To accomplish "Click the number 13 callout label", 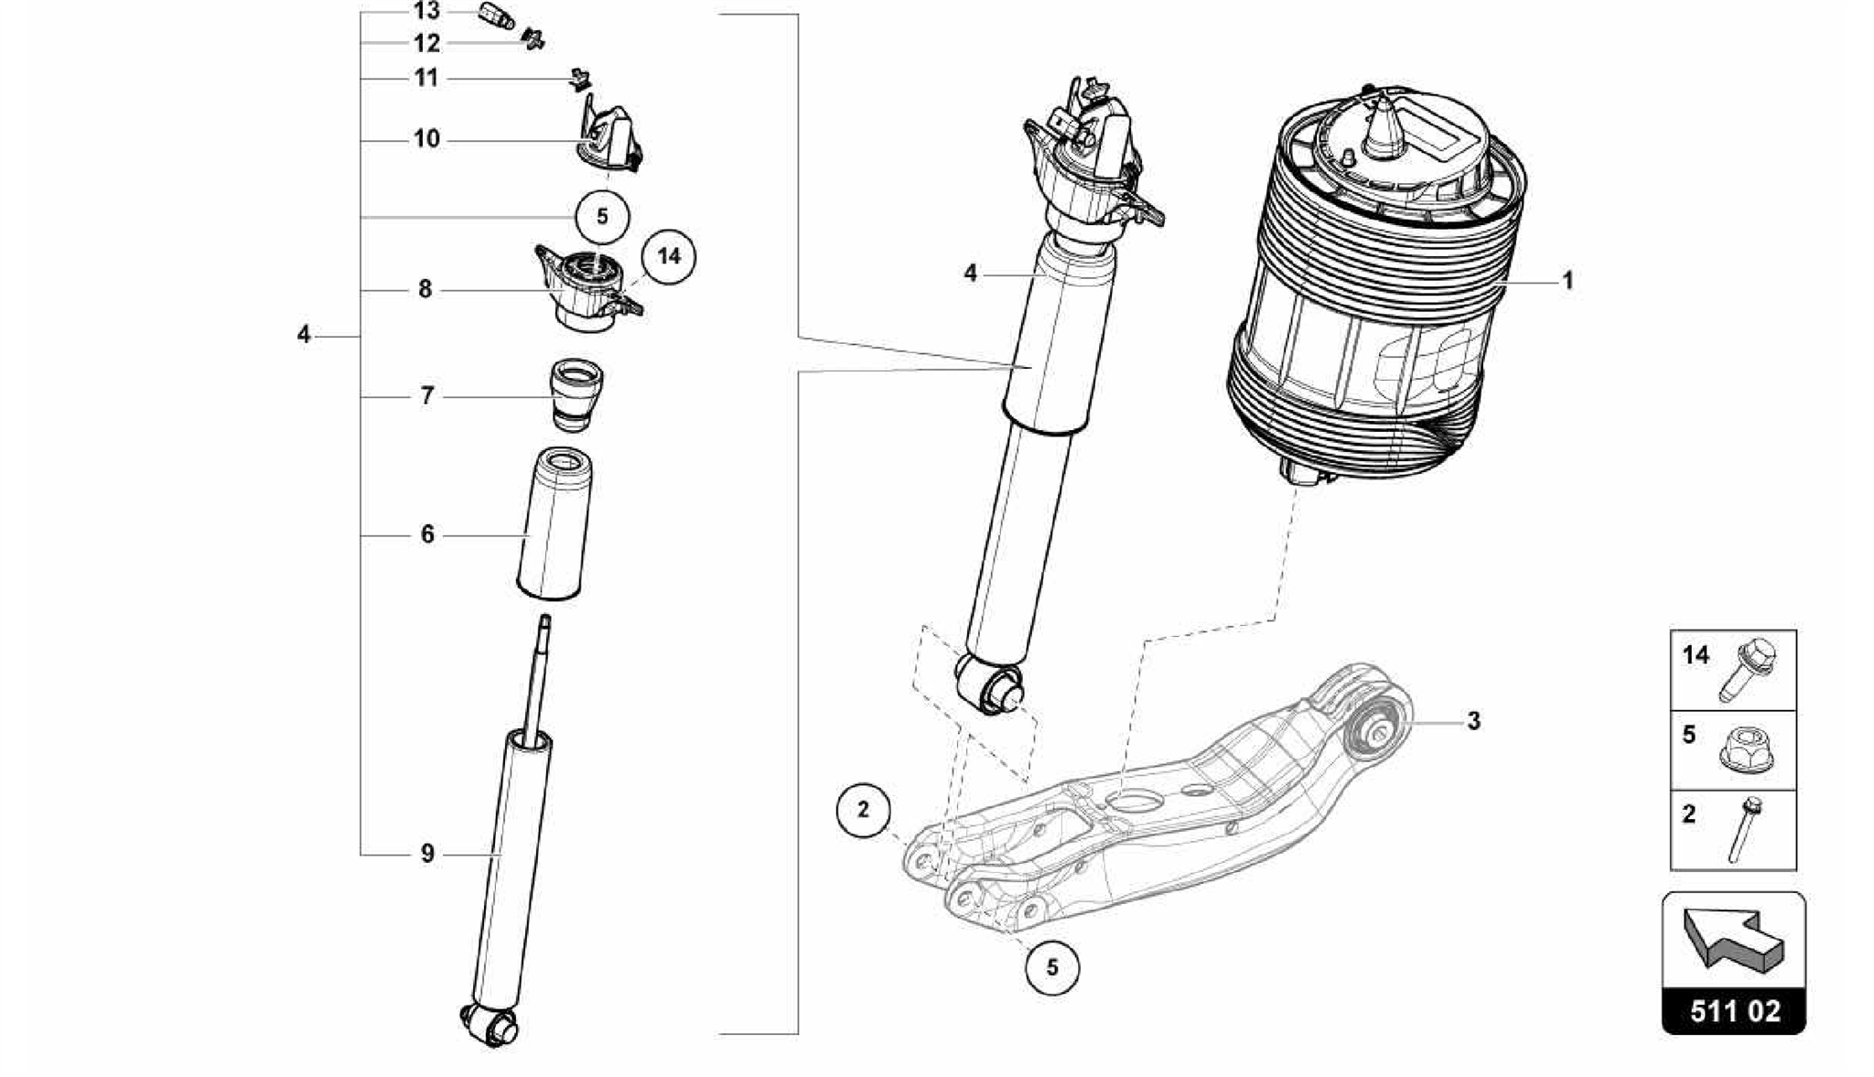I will (x=426, y=11).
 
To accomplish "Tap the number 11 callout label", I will (x=426, y=78).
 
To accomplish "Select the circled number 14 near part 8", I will (x=669, y=257).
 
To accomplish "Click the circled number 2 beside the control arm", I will (x=863, y=810).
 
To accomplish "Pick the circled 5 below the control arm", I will (x=1051, y=967).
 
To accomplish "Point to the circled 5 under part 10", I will (x=602, y=217).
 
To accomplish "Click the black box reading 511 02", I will (x=1733, y=1011).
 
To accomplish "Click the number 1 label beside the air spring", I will (x=1567, y=280).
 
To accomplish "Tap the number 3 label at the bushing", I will (x=1473, y=721).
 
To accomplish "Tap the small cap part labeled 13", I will (x=496, y=16).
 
